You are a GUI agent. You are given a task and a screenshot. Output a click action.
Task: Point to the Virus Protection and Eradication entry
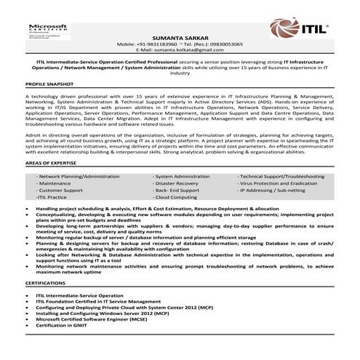[279, 184]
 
